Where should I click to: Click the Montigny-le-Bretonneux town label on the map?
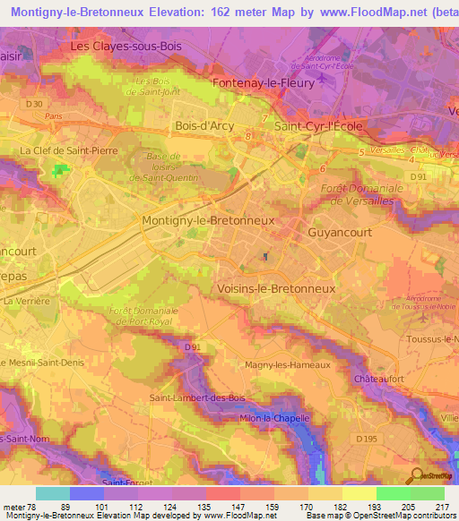(208, 219)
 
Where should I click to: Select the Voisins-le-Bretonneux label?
(276, 289)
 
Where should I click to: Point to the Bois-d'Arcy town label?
(205, 126)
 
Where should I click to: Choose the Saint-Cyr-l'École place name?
(318, 126)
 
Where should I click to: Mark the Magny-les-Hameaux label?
(288, 365)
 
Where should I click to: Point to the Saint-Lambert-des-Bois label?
(196, 397)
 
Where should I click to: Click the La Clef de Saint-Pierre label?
(69, 151)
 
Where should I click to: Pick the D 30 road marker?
(34, 104)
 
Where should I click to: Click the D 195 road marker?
(366, 439)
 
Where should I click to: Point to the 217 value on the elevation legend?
(440, 505)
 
